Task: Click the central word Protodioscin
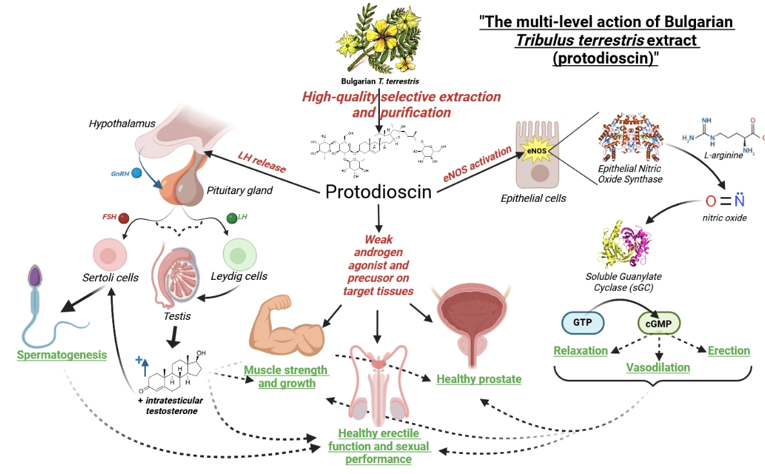pos(378,192)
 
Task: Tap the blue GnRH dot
pos(135,173)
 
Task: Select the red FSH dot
pos(124,218)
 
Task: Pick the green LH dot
pos(232,218)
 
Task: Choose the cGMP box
pos(658,322)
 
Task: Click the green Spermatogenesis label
pos(62,355)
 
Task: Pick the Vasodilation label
pos(658,368)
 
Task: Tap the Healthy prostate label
pos(479,379)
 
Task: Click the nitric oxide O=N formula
pos(725,199)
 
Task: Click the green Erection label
pos(729,351)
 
